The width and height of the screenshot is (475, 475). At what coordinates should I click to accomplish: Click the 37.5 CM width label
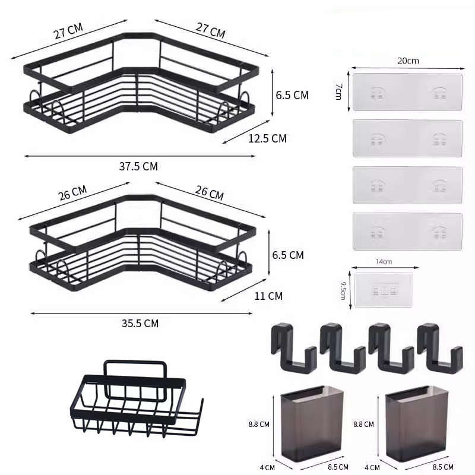tap(138, 166)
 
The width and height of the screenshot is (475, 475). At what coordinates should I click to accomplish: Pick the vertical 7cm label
tap(338, 91)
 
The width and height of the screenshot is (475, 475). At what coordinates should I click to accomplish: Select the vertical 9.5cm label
tap(343, 291)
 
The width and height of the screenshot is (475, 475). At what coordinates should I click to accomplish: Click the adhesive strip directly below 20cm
tap(407, 92)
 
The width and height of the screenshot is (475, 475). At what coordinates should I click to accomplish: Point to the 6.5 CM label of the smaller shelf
tap(287, 255)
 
